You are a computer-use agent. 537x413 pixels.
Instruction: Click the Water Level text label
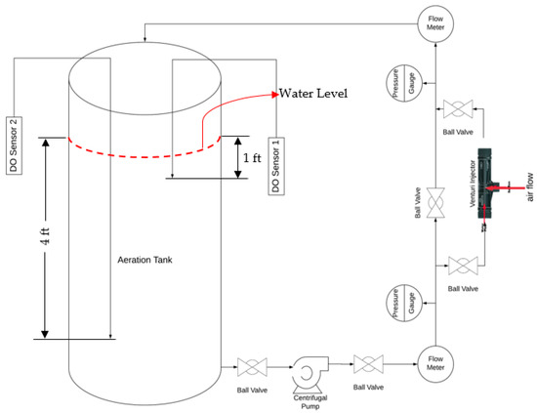coord(313,94)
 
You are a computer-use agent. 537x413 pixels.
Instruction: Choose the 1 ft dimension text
coord(252,158)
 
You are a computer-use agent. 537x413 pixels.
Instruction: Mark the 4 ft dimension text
coord(46,236)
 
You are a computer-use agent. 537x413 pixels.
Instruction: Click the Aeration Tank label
coord(145,260)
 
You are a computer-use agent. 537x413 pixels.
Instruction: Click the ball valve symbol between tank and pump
coord(252,367)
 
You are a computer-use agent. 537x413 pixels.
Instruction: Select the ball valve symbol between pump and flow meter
coord(368,364)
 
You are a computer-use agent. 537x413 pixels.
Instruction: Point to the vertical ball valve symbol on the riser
coord(435,203)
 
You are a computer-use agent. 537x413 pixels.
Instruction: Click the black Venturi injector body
coord(485,184)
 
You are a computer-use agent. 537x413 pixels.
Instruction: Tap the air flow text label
coord(529,187)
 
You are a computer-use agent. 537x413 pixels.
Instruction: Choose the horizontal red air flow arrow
coord(505,187)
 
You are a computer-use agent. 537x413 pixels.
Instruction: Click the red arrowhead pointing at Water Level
coord(275,95)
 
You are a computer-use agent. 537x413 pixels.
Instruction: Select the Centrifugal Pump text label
coord(310,402)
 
